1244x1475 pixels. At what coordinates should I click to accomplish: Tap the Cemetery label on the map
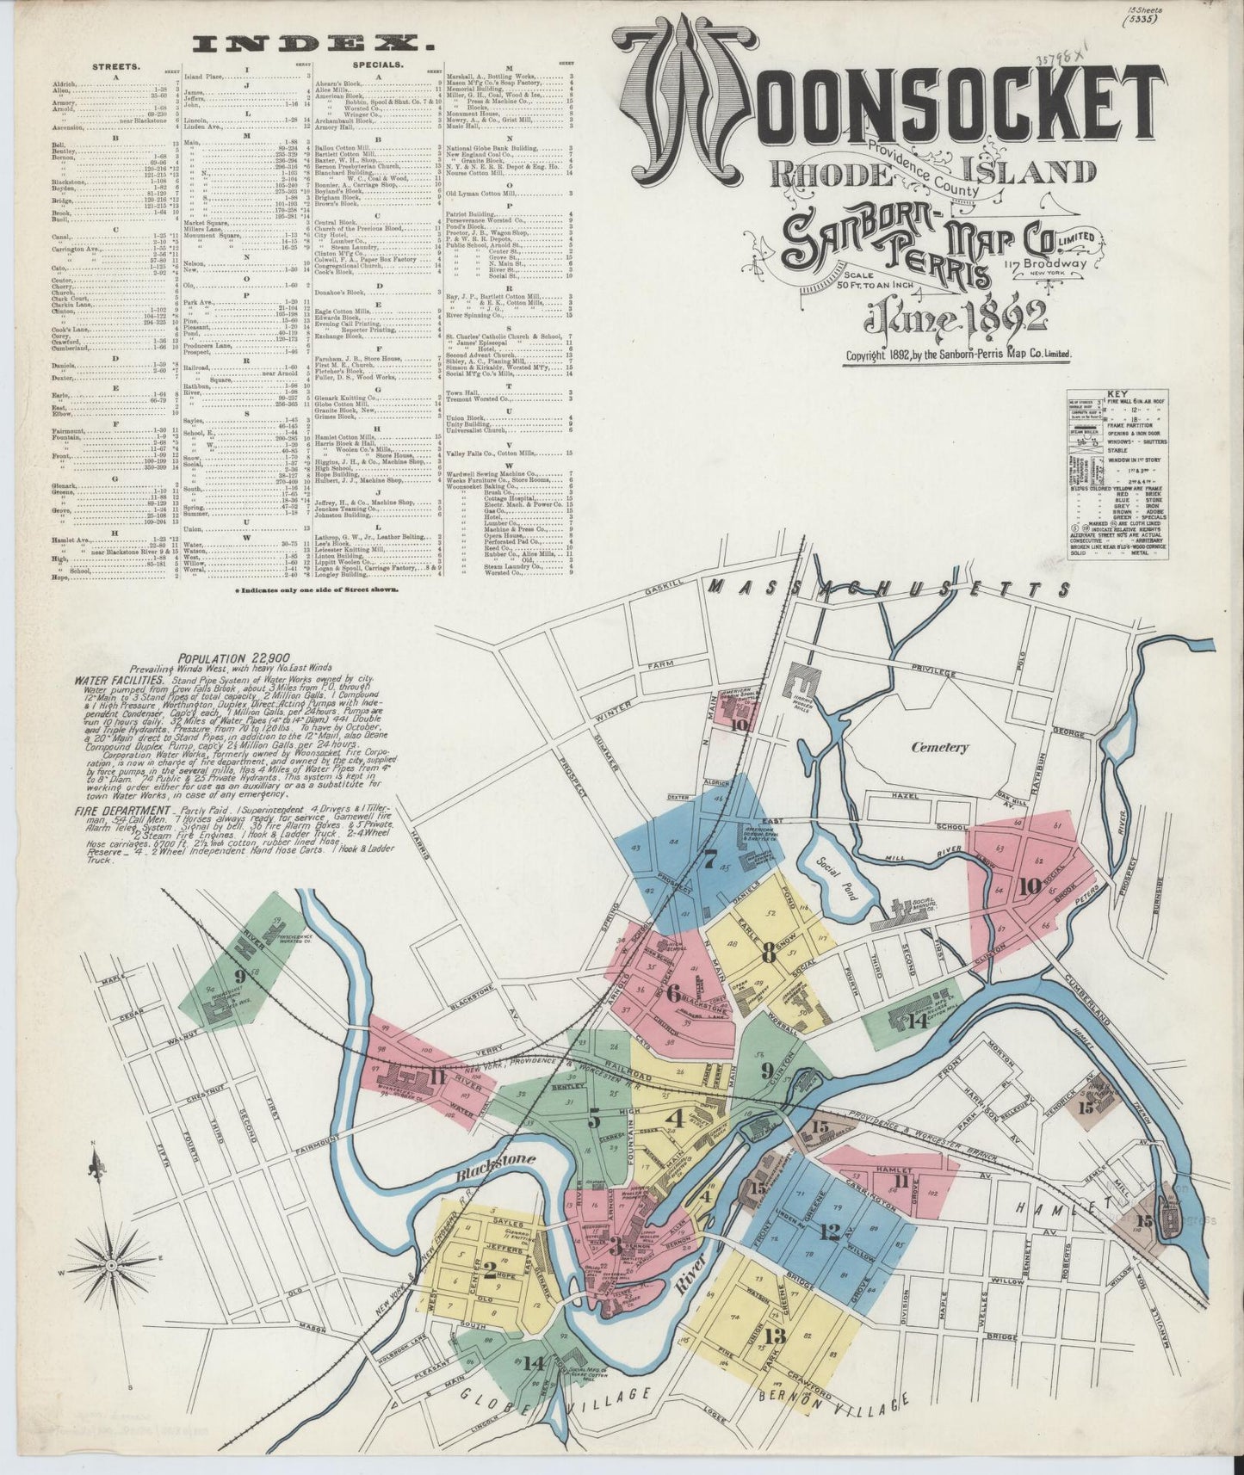point(939,748)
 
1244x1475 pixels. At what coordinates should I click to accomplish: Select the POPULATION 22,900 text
point(226,658)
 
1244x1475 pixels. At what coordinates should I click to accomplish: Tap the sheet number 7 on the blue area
point(709,858)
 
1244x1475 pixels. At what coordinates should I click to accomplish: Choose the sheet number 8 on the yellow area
point(768,952)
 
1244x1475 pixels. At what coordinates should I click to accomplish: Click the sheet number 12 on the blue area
point(828,1231)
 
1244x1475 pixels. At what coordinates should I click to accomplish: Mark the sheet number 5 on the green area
point(594,1120)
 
